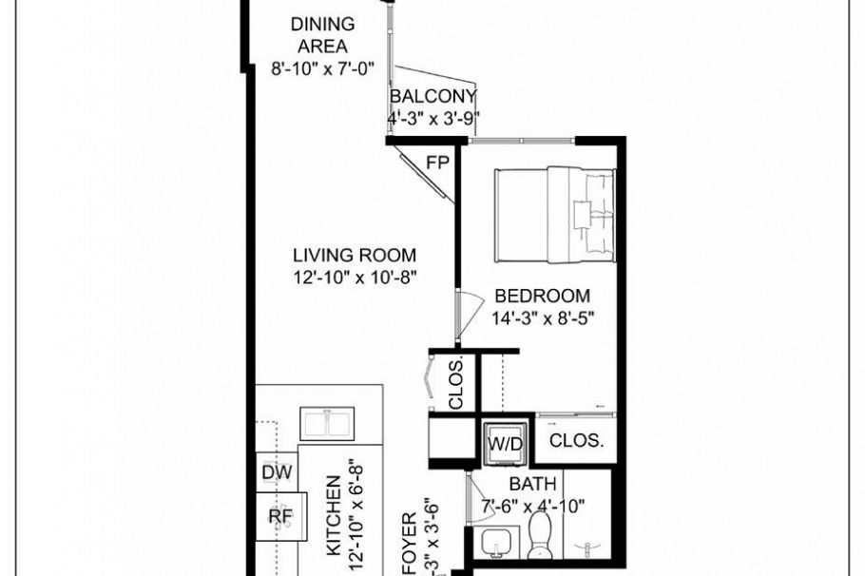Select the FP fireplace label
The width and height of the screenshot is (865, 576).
click(437, 163)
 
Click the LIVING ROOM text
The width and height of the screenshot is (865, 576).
click(354, 255)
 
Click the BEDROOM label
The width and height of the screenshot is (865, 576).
click(540, 297)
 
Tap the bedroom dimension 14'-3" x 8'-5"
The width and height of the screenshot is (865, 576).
click(544, 318)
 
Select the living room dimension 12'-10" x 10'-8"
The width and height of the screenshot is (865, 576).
click(356, 277)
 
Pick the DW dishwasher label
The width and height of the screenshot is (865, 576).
click(278, 471)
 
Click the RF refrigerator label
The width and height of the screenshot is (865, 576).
click(279, 516)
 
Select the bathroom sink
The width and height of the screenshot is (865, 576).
click(495, 544)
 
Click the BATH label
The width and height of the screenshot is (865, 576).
click(532, 486)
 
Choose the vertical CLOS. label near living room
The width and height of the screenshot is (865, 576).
click(456, 382)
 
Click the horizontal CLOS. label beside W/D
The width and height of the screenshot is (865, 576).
click(577, 441)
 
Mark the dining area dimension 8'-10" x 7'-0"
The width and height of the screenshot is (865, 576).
click(323, 68)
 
